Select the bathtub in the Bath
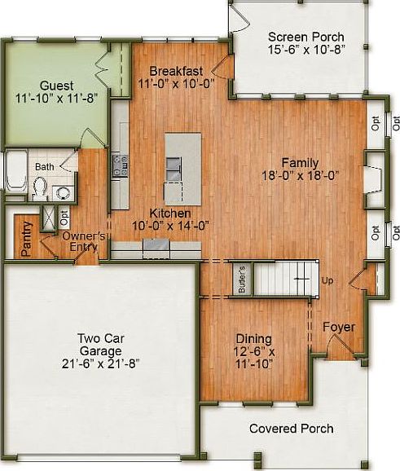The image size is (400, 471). click(x=15, y=174)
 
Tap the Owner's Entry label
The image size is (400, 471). click(x=84, y=241)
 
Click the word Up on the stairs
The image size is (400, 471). click(x=328, y=280)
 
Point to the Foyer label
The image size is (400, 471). click(x=339, y=327)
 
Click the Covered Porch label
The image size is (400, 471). click(x=291, y=429)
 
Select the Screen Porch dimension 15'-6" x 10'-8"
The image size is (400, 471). click(x=305, y=50)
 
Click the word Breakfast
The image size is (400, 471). click(x=176, y=71)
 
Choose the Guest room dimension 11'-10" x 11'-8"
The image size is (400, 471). click(x=55, y=98)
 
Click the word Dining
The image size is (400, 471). click(x=253, y=338)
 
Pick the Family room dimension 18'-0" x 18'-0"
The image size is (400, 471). click(x=300, y=174)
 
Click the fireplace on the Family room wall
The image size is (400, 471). click(x=371, y=176)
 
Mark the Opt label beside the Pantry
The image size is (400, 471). click(x=64, y=218)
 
